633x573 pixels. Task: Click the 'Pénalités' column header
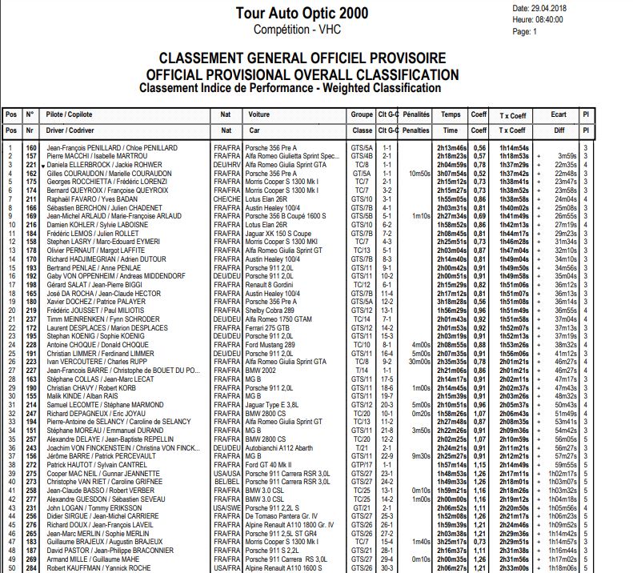pos(416,114)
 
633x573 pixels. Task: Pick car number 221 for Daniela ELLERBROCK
pos(31,164)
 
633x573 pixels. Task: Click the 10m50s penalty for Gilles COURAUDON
pos(419,173)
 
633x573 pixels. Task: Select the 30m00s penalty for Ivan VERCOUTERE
pos(419,362)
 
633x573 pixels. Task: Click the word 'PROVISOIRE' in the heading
pos(395,59)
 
